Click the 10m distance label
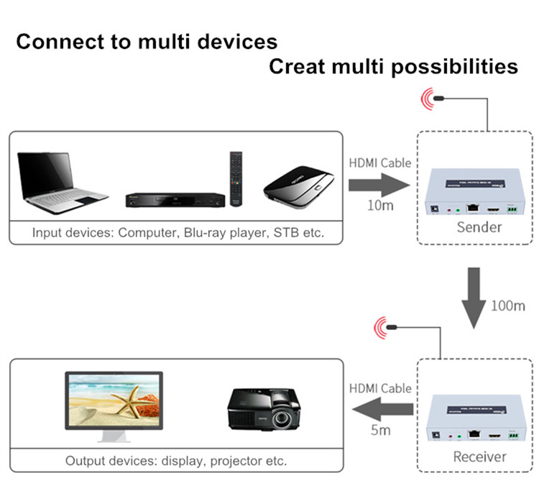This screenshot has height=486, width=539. [379, 206]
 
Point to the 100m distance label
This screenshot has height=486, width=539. [508, 306]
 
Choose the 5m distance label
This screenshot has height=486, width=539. [380, 431]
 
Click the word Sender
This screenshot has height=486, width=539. [479, 228]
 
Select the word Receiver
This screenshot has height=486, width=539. [479, 456]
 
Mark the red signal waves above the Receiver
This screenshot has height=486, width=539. [383, 329]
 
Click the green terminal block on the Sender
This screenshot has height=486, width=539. [512, 211]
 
